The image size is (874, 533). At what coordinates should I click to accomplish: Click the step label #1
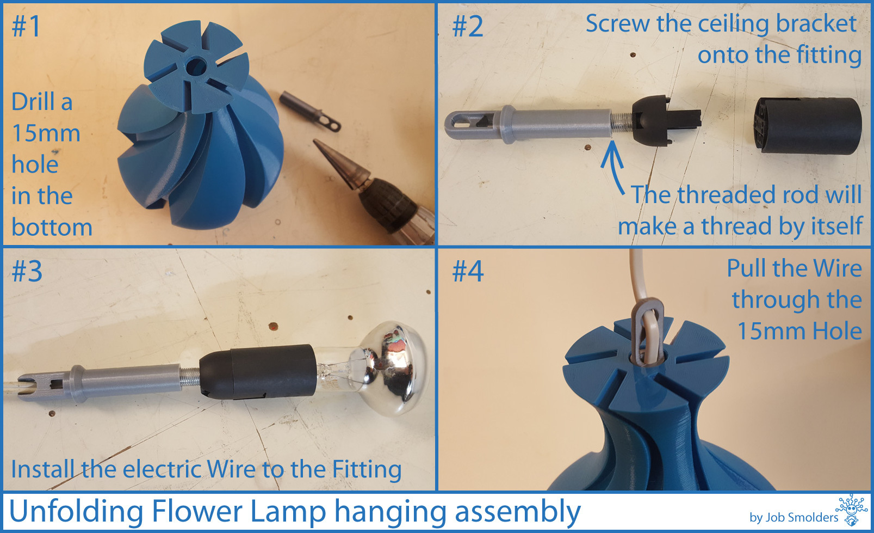26,27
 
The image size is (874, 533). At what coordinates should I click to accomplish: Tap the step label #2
467,27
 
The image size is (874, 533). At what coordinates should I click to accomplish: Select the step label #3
27,271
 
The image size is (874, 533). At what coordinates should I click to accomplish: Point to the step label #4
468,271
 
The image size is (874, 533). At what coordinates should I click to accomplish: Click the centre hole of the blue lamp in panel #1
197,66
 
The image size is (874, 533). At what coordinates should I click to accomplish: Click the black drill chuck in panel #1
386,205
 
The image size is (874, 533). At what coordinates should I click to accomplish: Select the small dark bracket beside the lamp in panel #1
310,111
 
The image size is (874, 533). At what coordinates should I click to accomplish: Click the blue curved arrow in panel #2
613,166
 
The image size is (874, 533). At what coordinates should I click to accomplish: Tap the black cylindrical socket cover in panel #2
808,126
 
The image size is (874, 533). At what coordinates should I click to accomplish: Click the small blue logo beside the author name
852,510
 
